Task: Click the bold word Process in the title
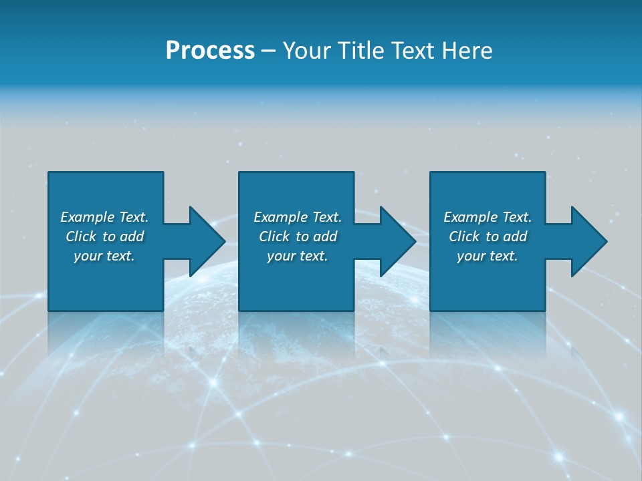coord(210,51)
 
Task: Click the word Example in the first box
coord(88,217)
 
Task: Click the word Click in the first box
coord(81,236)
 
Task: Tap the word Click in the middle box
coord(274,236)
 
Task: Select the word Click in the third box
coord(464,236)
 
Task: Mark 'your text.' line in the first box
coord(104,256)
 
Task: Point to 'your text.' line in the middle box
coord(298,256)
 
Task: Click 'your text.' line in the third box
coord(488,256)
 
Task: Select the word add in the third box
coord(515,236)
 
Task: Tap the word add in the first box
coord(132,236)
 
